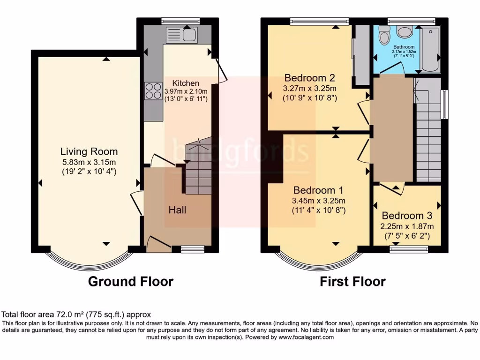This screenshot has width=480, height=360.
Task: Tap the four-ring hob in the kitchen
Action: [x=153, y=91]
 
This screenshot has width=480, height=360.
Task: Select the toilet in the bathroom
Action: [x=384, y=34]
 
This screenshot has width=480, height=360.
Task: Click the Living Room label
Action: [x=89, y=151]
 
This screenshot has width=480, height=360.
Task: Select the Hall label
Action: [x=177, y=210]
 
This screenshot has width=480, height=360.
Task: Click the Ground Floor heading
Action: [x=131, y=281]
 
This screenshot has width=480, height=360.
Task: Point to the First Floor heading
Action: [x=352, y=281]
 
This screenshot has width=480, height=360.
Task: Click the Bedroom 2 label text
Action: [x=309, y=77]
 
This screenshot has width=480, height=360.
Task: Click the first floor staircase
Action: [x=428, y=136]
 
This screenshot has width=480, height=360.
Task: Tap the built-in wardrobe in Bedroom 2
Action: [x=360, y=55]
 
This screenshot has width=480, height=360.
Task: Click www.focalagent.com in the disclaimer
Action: [x=306, y=337]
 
